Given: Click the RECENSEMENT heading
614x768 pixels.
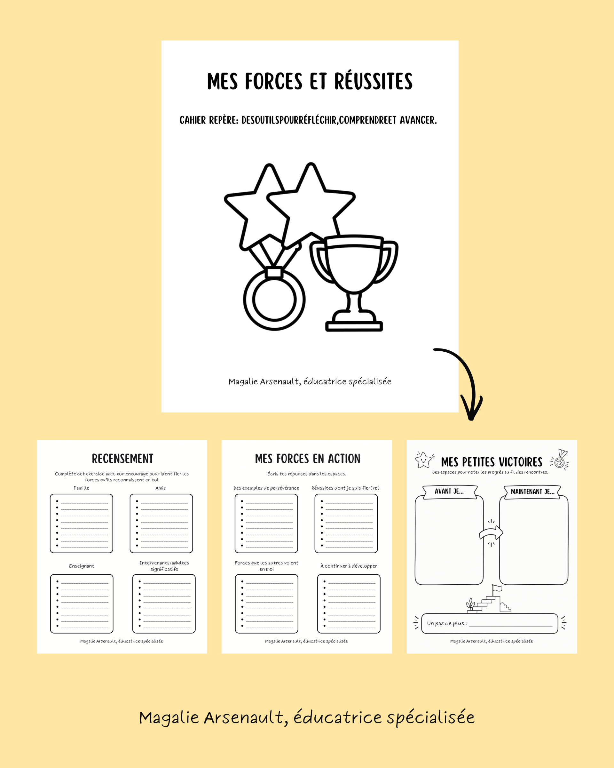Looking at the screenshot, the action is pyautogui.click(x=122, y=459).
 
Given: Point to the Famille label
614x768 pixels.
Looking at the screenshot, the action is pyautogui.click(x=81, y=488).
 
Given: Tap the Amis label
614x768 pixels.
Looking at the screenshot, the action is pyautogui.click(x=161, y=488).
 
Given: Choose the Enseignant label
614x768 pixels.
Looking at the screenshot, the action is pyautogui.click(x=82, y=566).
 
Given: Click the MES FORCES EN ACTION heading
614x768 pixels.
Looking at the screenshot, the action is pyautogui.click(x=308, y=459).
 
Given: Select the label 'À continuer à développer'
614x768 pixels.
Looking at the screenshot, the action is pyautogui.click(x=349, y=566).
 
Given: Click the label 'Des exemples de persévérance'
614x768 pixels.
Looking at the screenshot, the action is pyautogui.click(x=266, y=488).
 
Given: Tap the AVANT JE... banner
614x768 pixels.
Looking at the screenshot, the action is pyautogui.click(x=450, y=492).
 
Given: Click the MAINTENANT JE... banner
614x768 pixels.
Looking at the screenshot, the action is pyautogui.click(x=532, y=492).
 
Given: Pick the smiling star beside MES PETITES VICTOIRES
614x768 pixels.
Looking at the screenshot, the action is pyautogui.click(x=423, y=460).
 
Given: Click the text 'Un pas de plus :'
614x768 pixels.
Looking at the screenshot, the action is pyautogui.click(x=447, y=623).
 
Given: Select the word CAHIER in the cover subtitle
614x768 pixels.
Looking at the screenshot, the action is pyautogui.click(x=193, y=120).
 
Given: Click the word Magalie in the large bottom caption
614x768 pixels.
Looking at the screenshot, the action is pyautogui.click(x=169, y=718).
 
